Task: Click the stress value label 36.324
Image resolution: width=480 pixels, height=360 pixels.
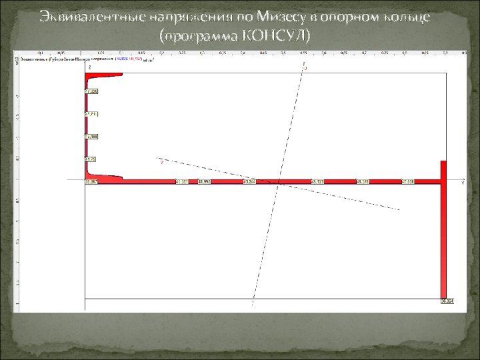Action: (x=447, y=301)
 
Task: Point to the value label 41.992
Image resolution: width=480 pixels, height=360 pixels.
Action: (x=204, y=181)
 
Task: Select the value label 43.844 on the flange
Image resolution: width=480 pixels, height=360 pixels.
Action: (x=249, y=181)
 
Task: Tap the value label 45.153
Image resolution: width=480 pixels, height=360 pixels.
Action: (x=317, y=181)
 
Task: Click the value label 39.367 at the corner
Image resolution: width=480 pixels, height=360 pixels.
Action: (x=91, y=181)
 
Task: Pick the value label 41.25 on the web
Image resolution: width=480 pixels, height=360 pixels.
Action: (x=91, y=159)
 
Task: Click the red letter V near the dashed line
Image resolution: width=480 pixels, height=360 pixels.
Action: (x=161, y=161)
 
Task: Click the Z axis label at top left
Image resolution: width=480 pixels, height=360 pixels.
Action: (x=89, y=67)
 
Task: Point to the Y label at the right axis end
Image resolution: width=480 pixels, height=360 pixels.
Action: (x=462, y=183)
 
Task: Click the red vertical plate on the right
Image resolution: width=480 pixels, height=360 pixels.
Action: (x=443, y=233)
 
